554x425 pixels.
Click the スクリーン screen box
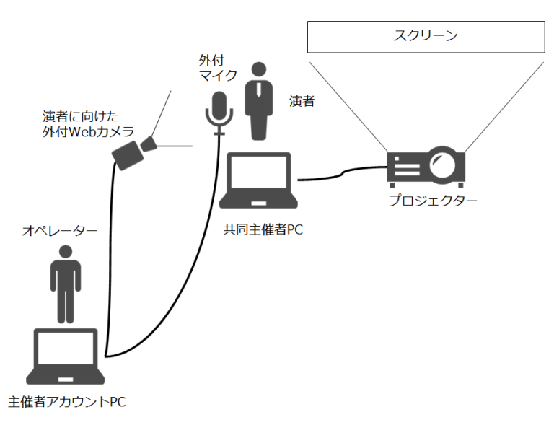(426, 37)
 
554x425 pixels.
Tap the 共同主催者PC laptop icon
(260, 181)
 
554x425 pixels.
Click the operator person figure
(65, 284)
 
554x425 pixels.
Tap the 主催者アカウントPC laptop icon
(66, 356)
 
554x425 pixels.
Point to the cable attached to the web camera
(109, 253)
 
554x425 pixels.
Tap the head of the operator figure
(65, 253)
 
